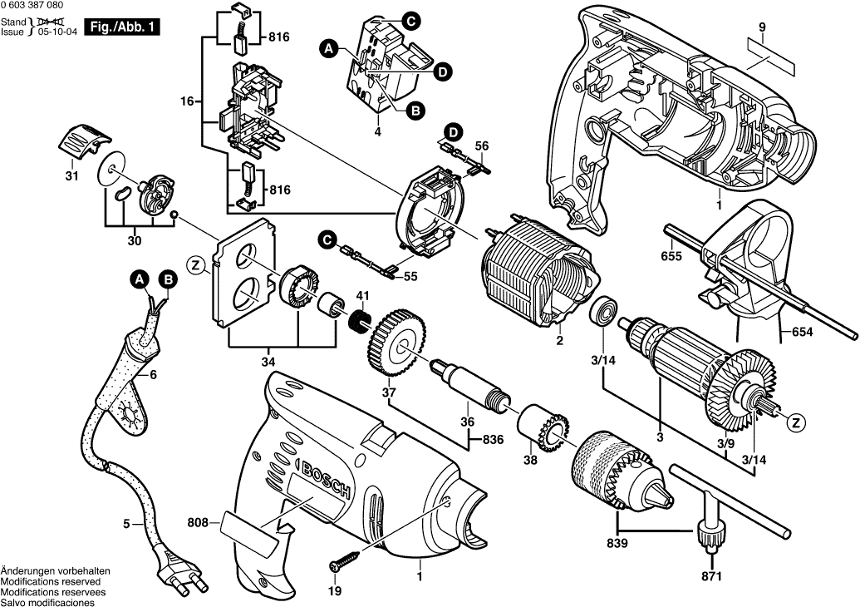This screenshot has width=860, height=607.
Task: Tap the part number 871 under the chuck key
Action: tap(711, 575)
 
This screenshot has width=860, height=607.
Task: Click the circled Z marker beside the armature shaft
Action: tap(796, 422)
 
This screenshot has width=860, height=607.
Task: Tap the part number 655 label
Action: tap(671, 256)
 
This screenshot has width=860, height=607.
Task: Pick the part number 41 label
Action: tap(362, 296)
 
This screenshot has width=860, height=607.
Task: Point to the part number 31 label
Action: tap(71, 176)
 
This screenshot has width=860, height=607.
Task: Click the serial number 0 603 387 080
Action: tap(38, 6)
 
